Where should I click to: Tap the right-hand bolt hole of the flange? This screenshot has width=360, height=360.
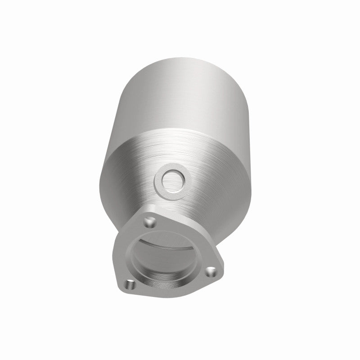(x=210, y=272)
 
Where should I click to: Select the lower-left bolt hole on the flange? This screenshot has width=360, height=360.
(x=130, y=284)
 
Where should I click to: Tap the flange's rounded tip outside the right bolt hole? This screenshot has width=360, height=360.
(x=219, y=275)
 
